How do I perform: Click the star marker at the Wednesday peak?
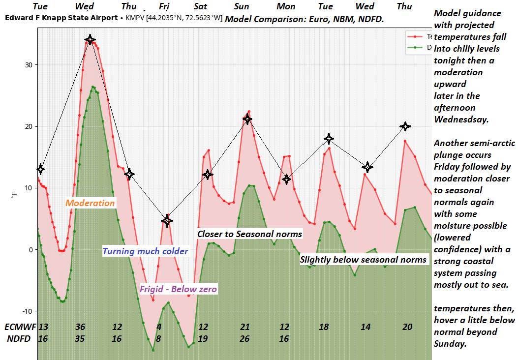click(90, 39)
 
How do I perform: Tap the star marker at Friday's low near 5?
click(167, 221)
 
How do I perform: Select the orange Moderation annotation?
click(90, 203)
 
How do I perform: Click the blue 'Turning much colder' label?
click(145, 251)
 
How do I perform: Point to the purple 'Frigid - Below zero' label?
click(178, 289)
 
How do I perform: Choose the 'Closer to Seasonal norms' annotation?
click(249, 234)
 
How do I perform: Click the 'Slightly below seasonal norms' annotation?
click(363, 259)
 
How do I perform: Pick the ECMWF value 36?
click(80, 327)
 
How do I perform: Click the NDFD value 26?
click(245, 338)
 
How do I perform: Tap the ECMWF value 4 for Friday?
click(159, 327)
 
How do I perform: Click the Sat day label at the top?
click(200, 6)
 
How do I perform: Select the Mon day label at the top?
click(286, 6)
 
